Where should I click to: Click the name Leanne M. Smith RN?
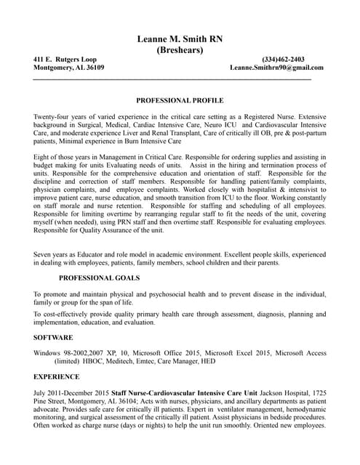coord(180,39)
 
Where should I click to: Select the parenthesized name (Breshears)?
coord(180,50)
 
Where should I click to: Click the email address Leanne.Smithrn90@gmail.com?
coord(276,68)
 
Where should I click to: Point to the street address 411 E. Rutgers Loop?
coord(65,59)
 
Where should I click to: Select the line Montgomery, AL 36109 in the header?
coord(69,68)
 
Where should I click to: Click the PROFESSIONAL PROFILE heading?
coord(180,100)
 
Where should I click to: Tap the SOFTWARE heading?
coord(53,338)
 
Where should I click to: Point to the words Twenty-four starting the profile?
coord(53,117)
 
